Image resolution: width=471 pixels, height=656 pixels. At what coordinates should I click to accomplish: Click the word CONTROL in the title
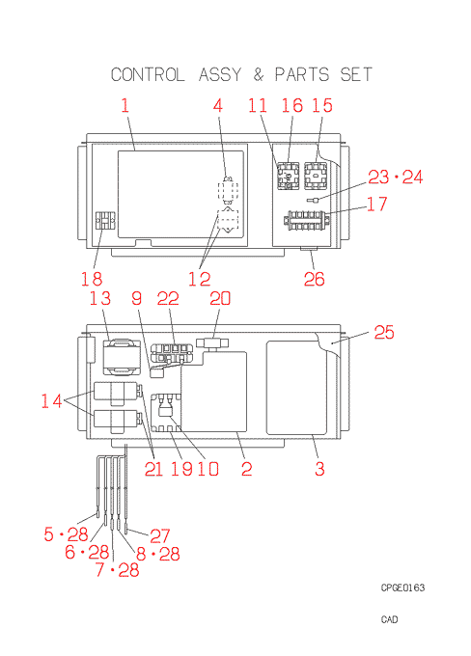click(x=148, y=75)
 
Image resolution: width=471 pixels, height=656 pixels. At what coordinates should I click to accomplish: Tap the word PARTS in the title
click(x=302, y=75)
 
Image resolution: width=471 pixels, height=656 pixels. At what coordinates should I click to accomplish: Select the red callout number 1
click(x=125, y=105)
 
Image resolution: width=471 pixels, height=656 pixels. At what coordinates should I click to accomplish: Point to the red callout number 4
click(x=218, y=105)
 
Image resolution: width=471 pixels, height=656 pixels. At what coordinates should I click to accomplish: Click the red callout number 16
click(x=291, y=105)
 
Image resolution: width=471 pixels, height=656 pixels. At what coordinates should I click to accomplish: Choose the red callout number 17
click(x=377, y=204)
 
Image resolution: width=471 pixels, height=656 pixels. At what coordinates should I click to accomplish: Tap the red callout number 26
click(x=314, y=279)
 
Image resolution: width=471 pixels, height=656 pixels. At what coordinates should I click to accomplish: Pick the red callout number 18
click(x=92, y=279)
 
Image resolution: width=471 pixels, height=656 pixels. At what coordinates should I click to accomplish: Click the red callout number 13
click(x=100, y=299)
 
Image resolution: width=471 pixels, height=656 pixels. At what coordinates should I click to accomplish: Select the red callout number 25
click(x=384, y=332)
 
